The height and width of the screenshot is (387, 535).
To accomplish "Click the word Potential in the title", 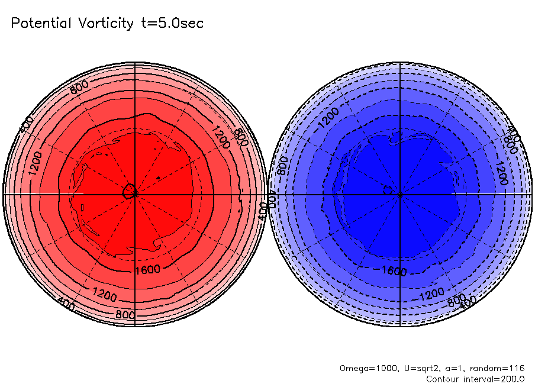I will [x=40, y=24].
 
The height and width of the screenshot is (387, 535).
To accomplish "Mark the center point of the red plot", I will [x=135, y=193].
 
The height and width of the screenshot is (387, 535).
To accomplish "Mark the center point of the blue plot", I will [x=401, y=193].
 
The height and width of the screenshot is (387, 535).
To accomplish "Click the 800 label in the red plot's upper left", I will [x=79, y=88].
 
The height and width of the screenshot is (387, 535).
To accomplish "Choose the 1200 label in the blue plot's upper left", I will [x=330, y=117].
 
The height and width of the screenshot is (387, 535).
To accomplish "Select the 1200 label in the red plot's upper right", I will [x=219, y=137].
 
